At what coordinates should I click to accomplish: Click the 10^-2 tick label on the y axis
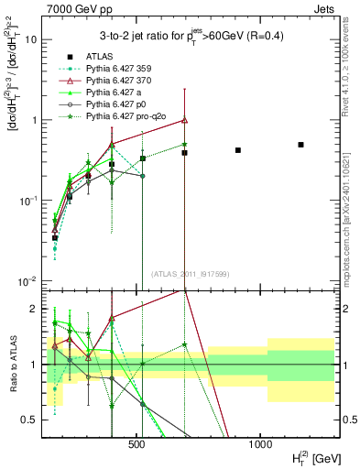[x=29, y=281]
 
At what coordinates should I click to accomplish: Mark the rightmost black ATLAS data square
[x=300, y=145]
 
